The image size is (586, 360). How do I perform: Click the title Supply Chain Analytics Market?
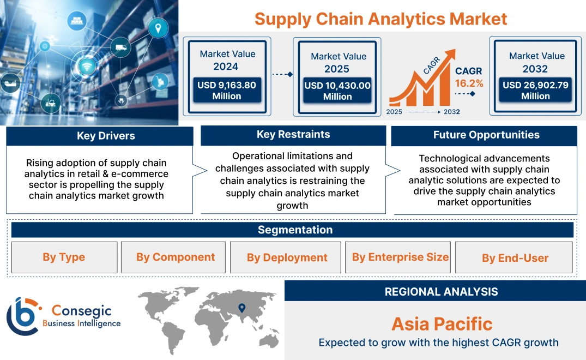(x=380, y=19)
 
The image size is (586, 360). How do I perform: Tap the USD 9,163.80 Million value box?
(x=227, y=91)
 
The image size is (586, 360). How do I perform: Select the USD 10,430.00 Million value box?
(x=337, y=91)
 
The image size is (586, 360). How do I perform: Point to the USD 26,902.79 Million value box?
(x=535, y=91)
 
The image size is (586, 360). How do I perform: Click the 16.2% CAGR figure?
(x=469, y=83)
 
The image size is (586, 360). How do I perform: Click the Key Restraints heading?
(x=293, y=135)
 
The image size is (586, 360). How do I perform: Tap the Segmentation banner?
(x=295, y=230)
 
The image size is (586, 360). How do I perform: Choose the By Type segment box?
(x=64, y=257)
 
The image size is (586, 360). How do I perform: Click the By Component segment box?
(x=176, y=257)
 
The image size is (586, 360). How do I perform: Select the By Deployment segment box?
(x=287, y=257)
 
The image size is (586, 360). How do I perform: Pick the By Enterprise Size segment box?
(x=400, y=257)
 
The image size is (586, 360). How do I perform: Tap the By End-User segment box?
(x=515, y=257)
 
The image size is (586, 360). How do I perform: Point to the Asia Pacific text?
(x=442, y=324)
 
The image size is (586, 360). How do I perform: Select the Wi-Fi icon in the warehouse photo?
(x=86, y=67)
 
